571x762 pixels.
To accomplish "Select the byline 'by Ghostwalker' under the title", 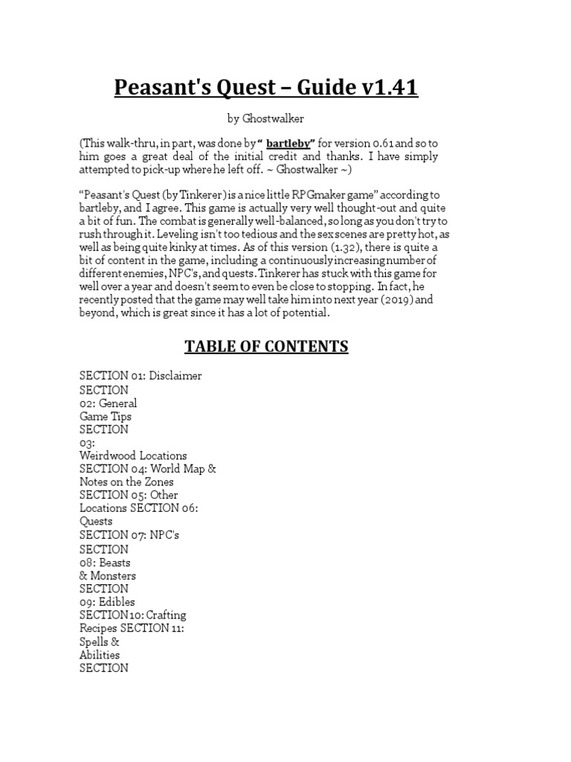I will pyautogui.click(x=265, y=118).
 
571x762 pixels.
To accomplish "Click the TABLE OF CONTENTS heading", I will pyautogui.click(x=266, y=347).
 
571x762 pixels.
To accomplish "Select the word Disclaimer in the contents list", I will pyautogui.click(x=175, y=376).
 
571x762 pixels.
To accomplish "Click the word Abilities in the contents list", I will pyautogui.click(x=100, y=655).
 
